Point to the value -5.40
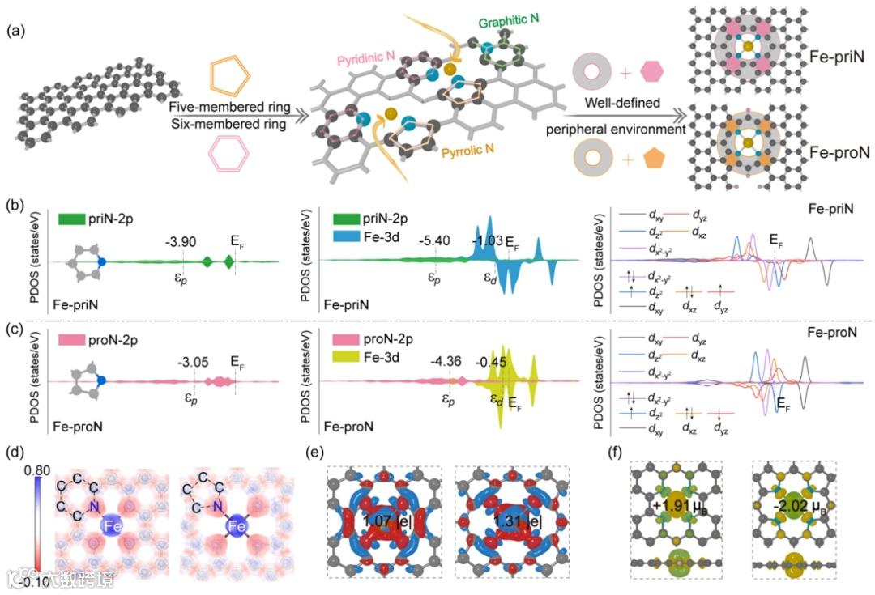[436, 240]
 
